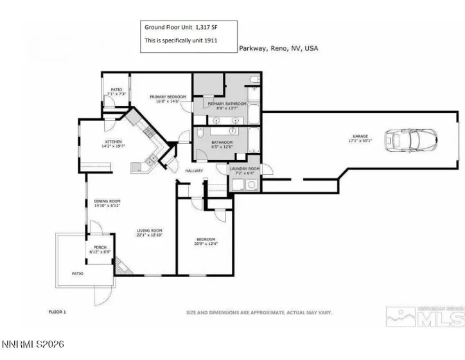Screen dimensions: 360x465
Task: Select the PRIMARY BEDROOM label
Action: [x=168, y=97]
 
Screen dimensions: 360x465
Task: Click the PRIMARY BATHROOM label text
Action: [x=222, y=103]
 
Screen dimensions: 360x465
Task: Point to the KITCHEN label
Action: [x=114, y=142]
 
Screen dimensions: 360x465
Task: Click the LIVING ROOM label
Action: [x=148, y=231]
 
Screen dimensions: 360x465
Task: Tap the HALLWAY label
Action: [x=194, y=170]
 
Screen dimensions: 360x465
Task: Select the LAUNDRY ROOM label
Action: [x=245, y=168]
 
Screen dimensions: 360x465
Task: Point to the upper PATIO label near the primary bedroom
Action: [x=116, y=90]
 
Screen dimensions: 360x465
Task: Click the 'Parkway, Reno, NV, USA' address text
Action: [x=278, y=48]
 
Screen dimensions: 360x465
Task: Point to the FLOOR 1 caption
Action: [x=58, y=312]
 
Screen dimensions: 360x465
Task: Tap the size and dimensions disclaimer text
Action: [x=258, y=312]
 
